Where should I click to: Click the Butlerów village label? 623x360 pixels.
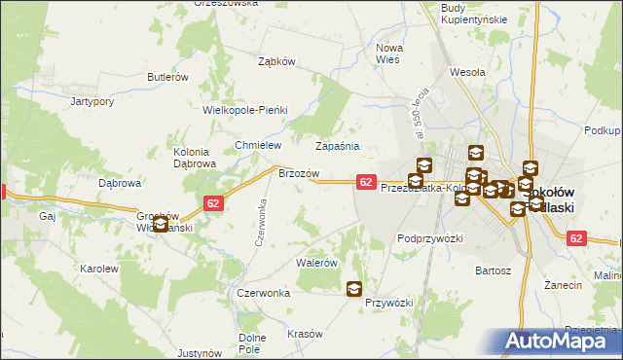pos(166,77)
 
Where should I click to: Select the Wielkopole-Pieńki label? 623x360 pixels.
pos(245,110)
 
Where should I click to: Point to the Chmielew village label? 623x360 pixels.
pos(257,145)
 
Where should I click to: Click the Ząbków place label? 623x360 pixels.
pos(275,60)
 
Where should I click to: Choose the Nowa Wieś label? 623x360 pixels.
pos(389,53)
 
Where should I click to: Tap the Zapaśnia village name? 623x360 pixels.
pos(337,146)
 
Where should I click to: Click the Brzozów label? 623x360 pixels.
pos(299,172)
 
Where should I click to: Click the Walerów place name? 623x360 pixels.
pos(316,263)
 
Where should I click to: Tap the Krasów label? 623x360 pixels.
pos(305,334)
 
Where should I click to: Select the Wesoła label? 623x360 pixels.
pos(467,71)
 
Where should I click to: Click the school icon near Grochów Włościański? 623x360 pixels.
pos(161,225)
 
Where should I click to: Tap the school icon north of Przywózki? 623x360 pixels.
pos(354,288)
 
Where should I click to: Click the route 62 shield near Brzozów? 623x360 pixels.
pos(366,182)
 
